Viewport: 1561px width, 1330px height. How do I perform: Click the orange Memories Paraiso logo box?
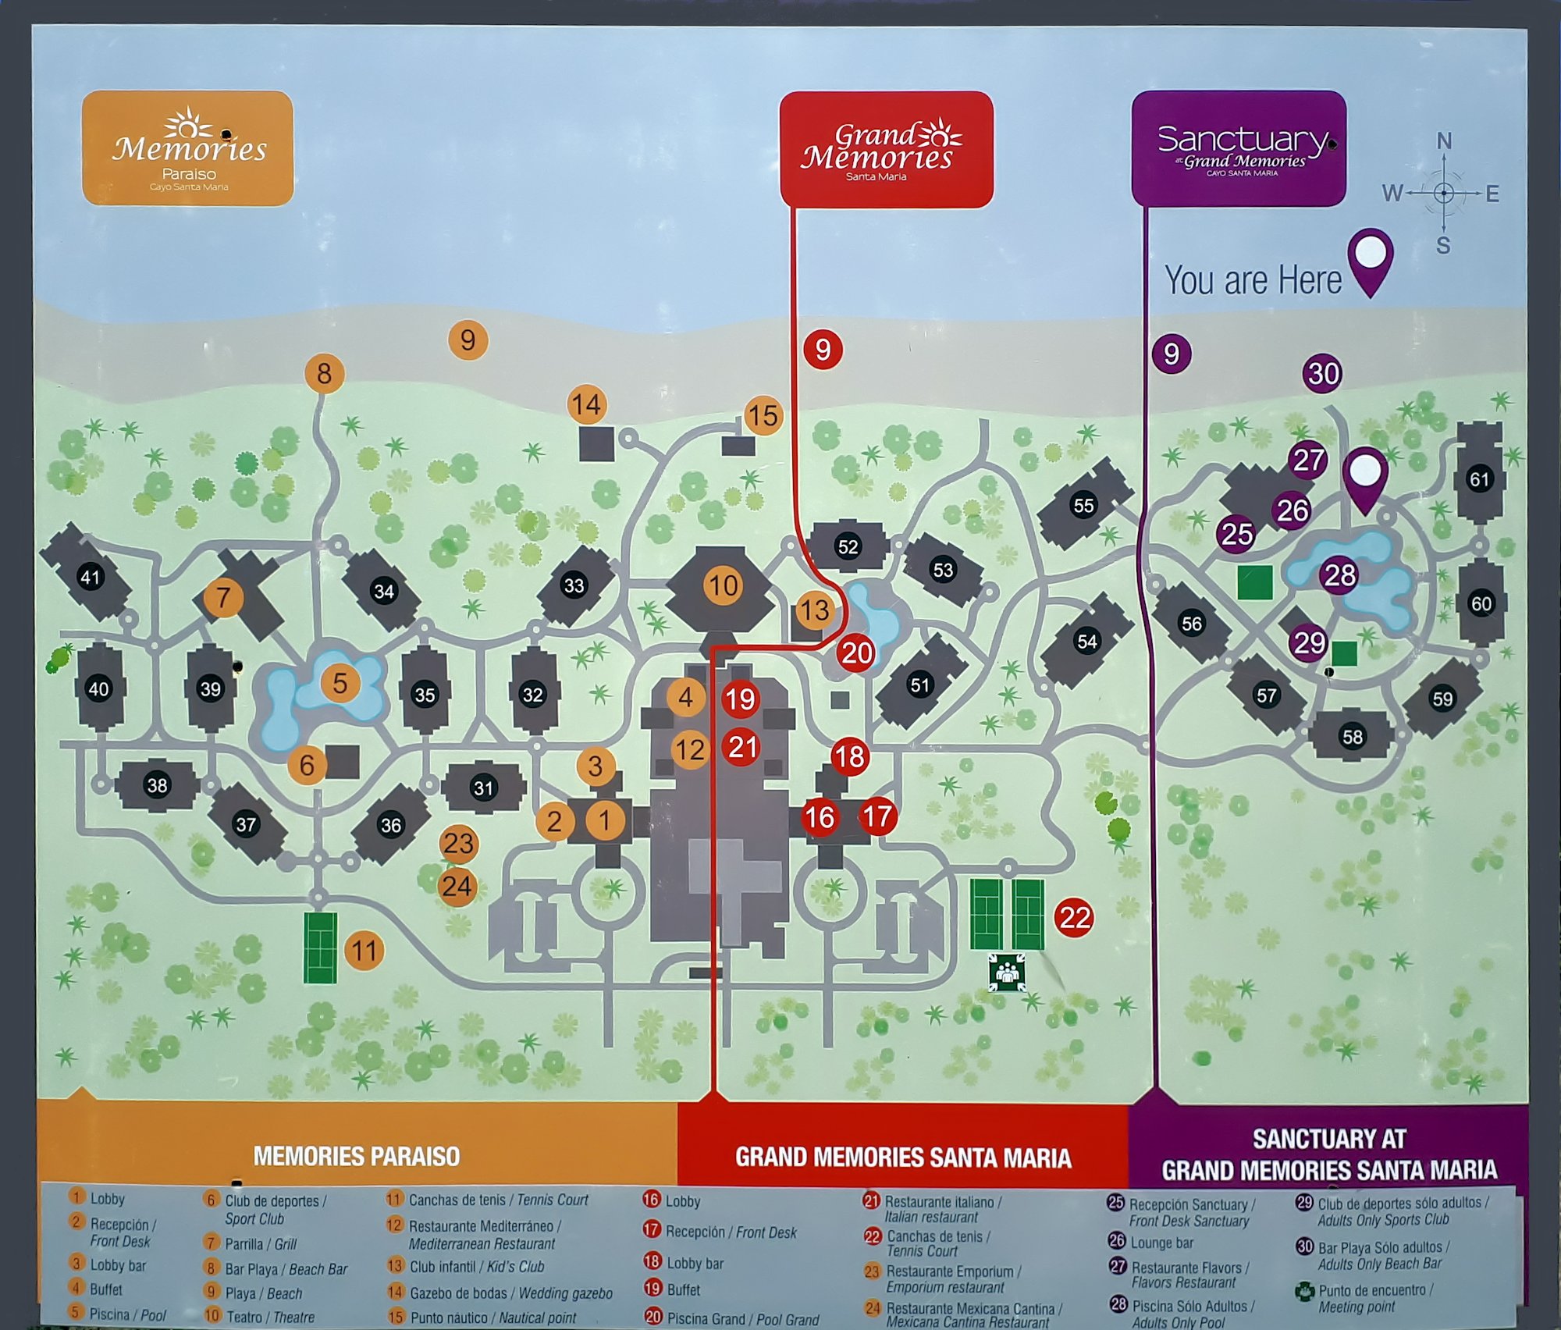(x=187, y=148)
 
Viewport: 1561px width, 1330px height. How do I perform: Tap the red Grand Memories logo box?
(x=886, y=149)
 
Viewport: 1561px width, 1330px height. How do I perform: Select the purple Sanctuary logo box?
(x=1239, y=148)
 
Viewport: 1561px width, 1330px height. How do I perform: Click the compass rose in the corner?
(x=1443, y=193)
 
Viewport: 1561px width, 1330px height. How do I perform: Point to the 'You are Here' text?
(x=1253, y=280)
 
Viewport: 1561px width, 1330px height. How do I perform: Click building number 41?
(x=91, y=577)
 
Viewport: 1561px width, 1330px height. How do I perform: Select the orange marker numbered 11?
(x=364, y=951)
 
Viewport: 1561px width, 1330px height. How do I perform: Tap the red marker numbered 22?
(x=1074, y=917)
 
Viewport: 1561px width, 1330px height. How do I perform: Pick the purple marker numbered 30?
(x=1323, y=374)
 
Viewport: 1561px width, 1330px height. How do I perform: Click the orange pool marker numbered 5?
(x=340, y=683)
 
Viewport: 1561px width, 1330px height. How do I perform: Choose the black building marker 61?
(x=1479, y=479)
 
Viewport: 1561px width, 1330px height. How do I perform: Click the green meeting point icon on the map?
(x=1007, y=973)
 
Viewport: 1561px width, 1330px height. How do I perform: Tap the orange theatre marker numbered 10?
(x=723, y=585)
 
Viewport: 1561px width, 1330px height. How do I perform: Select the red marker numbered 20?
(x=856, y=653)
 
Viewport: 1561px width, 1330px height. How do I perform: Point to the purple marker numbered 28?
(x=1339, y=575)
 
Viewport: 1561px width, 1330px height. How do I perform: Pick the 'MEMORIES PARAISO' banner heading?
(x=357, y=1156)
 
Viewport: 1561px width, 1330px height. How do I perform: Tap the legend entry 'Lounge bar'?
(x=1161, y=1243)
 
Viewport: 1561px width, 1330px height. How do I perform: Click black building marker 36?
(x=390, y=825)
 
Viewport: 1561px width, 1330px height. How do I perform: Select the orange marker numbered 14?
(x=585, y=404)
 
